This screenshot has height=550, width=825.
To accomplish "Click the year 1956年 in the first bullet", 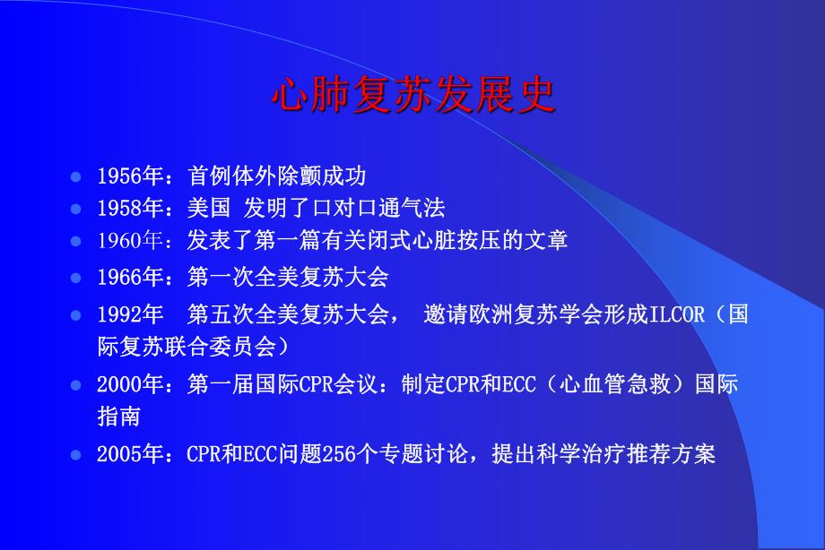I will pyautogui.click(x=128, y=176).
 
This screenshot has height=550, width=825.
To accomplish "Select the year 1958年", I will pyautogui.click(x=128, y=209).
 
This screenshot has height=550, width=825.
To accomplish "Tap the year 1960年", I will pyautogui.click(x=128, y=241).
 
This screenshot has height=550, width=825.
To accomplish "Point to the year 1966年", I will pyautogui.click(x=128, y=277).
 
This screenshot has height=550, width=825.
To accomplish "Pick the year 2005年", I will pyautogui.click(x=128, y=454).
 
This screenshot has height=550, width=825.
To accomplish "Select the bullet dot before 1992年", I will pyautogui.click(x=76, y=316).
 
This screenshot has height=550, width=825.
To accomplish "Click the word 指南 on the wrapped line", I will pyautogui.click(x=118, y=417).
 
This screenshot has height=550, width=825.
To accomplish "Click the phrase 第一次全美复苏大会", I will pyautogui.click(x=287, y=277).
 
